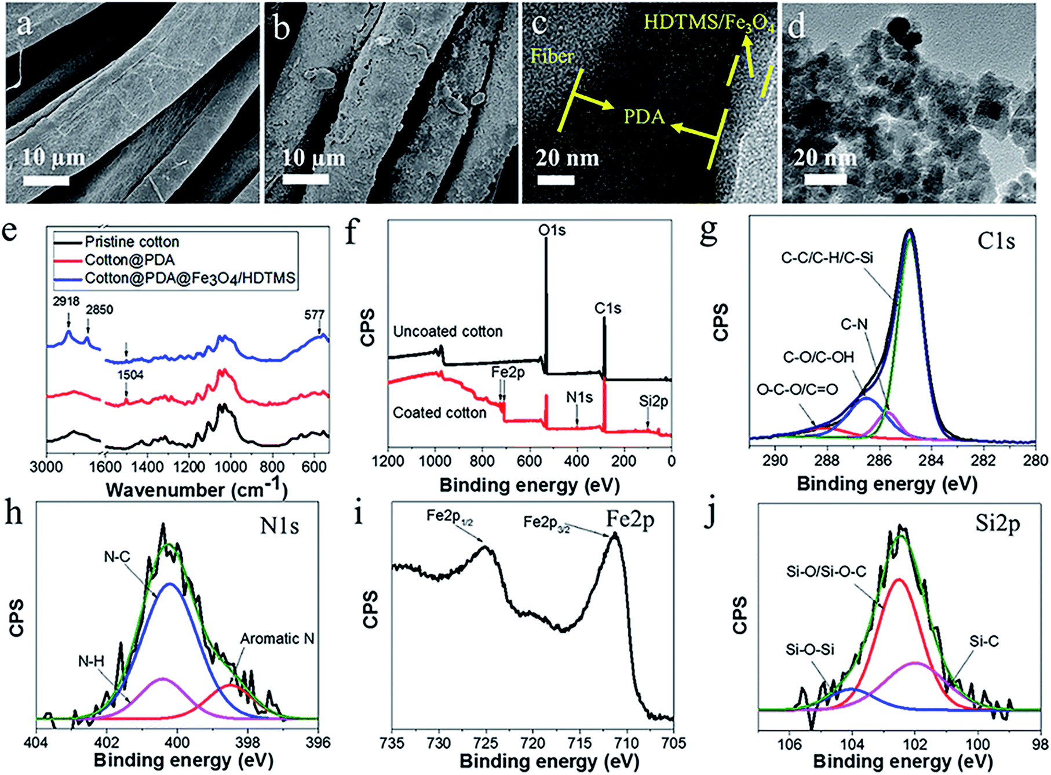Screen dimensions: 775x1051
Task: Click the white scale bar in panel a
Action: [46, 181]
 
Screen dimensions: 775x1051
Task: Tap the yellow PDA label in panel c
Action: [644, 117]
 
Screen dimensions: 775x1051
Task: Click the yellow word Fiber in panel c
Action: [552, 56]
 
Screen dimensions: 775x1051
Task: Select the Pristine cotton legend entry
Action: [132, 242]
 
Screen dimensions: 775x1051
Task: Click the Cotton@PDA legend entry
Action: [129, 260]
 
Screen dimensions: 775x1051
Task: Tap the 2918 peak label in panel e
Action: [65, 301]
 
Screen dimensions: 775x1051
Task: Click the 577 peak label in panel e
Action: [314, 315]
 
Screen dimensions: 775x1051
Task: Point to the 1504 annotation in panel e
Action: [130, 375]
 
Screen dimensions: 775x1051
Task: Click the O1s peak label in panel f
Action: [552, 231]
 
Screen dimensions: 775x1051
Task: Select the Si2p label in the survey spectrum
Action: [654, 401]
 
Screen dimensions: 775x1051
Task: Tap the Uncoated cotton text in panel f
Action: [447, 332]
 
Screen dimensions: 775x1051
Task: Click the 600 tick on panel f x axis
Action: [529, 461]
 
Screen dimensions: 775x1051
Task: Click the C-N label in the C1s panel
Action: [854, 324]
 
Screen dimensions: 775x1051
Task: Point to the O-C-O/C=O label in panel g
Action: [797, 390]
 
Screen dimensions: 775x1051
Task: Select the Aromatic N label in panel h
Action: [277, 639]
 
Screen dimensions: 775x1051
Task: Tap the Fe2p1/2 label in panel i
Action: [450, 516]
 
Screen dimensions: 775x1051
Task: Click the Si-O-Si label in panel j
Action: [809, 650]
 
